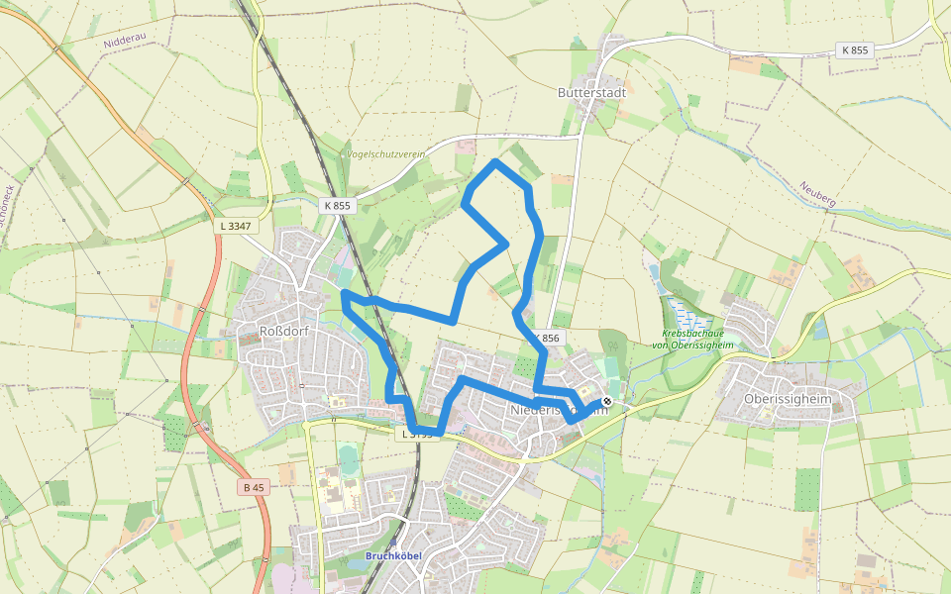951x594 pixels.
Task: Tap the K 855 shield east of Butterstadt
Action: pyautogui.click(x=854, y=49)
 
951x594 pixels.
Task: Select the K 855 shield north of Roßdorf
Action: pyautogui.click(x=337, y=206)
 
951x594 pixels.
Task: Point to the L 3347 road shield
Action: pyautogui.click(x=236, y=226)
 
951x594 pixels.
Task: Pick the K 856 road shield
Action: pyautogui.click(x=546, y=339)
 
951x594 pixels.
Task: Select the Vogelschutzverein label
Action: pyautogui.click(x=385, y=154)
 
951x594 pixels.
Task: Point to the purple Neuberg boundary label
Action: pyautogui.click(x=818, y=194)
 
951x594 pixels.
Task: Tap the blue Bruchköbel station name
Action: pyautogui.click(x=393, y=555)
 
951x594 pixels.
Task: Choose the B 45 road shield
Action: pyautogui.click(x=254, y=487)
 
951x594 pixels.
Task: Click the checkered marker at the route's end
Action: pyautogui.click(x=607, y=401)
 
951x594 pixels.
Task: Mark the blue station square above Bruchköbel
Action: pyautogui.click(x=393, y=544)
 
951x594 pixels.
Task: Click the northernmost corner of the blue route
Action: pyautogui.click(x=495, y=161)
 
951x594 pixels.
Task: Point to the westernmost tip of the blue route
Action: pyautogui.click(x=343, y=293)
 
